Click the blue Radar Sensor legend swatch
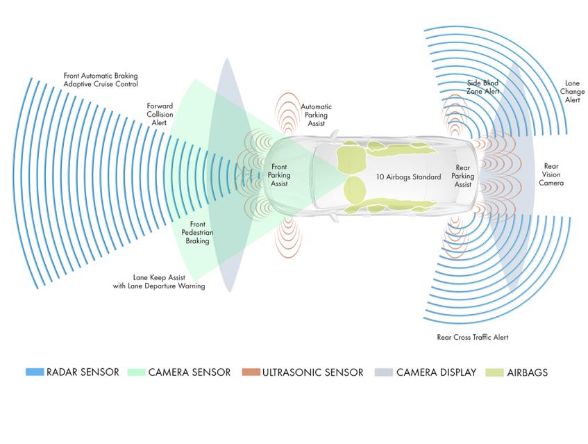[x=35, y=372]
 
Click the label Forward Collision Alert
[x=160, y=114]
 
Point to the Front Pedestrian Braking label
[x=196, y=233]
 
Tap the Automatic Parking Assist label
[x=316, y=115]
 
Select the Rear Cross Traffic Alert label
[x=472, y=337]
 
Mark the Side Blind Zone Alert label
[x=483, y=87]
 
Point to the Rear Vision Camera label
[x=551, y=174]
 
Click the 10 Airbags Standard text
[x=408, y=177]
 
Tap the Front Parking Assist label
[x=279, y=175]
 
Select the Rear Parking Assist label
[x=463, y=176]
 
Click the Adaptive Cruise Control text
[x=101, y=84]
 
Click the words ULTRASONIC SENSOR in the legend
[x=313, y=372]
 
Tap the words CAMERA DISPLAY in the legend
[x=436, y=372]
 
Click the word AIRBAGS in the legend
[x=527, y=372]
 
